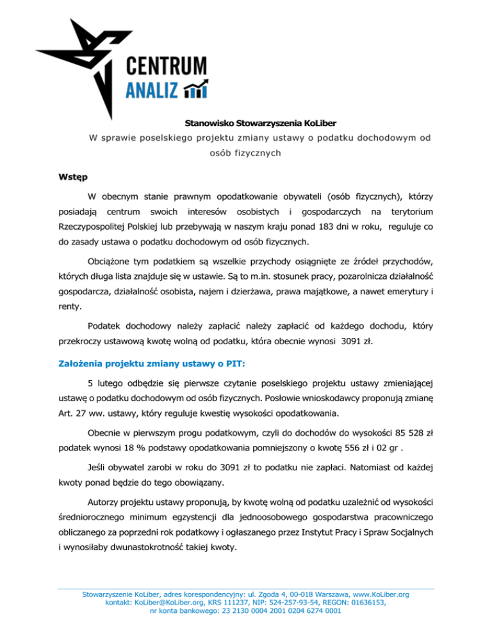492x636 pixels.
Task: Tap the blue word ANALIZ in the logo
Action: (148, 90)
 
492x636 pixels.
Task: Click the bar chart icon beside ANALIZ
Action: (195, 90)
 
